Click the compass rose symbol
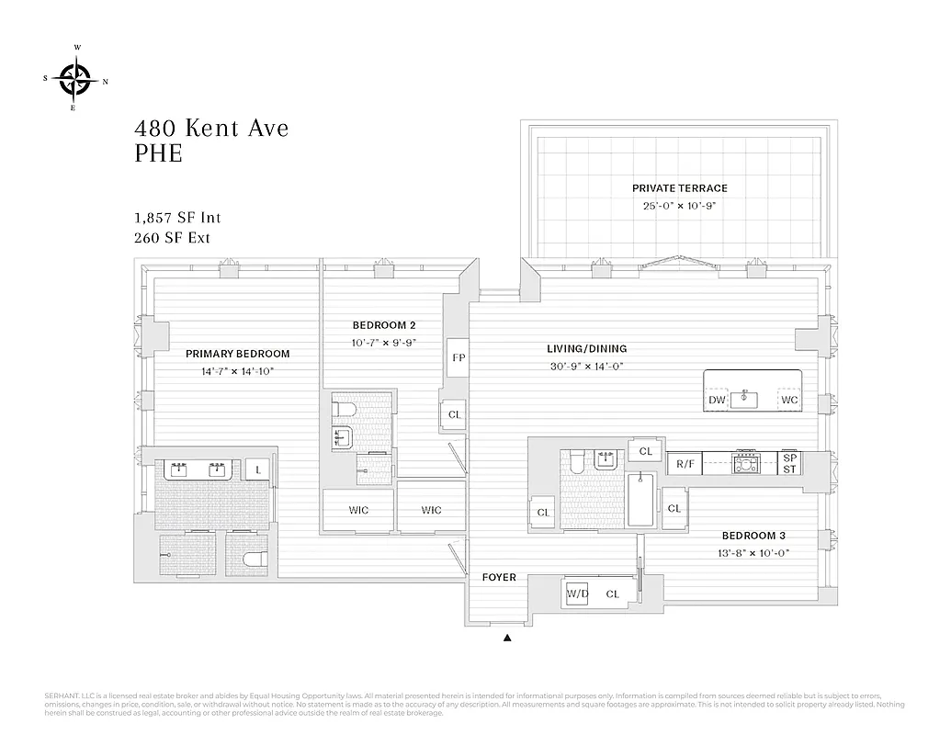[x=74, y=80]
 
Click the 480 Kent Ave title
[x=212, y=128]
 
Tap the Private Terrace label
[x=679, y=188]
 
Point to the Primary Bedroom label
[x=237, y=354]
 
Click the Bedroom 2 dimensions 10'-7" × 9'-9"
[x=384, y=343]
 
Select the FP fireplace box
[x=457, y=357]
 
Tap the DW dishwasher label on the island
[x=717, y=401]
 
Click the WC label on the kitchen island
[x=788, y=401]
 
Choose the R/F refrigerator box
[x=685, y=464]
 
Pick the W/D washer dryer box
[x=577, y=594]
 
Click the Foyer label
[x=499, y=578]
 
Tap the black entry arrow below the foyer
[x=506, y=636]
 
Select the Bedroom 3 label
[x=753, y=536]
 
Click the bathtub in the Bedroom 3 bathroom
[x=640, y=501]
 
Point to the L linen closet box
[x=258, y=469]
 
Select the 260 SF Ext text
[x=172, y=238]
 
